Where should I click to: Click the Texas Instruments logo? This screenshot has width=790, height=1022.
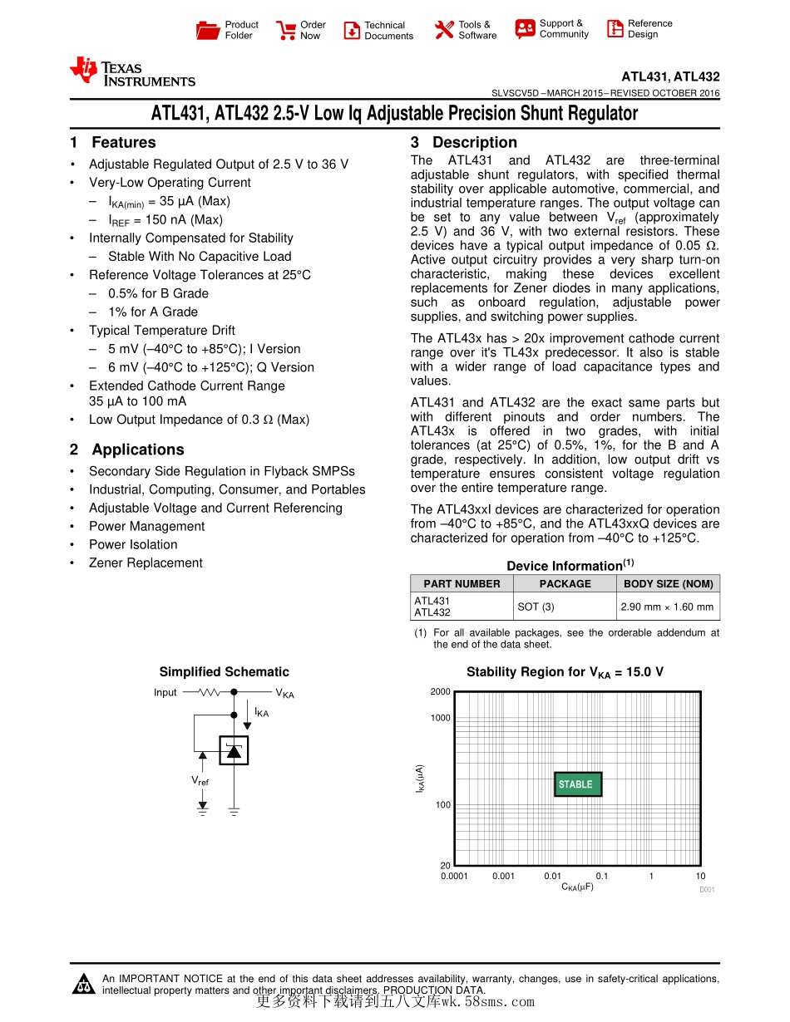(x=133, y=72)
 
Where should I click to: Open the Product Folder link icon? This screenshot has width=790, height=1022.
(x=208, y=31)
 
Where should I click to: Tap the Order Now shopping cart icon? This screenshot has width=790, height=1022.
(x=287, y=31)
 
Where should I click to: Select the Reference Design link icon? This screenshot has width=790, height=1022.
(x=615, y=29)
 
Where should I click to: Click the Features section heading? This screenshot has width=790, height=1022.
(x=113, y=143)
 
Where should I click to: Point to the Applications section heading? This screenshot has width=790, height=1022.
(x=127, y=450)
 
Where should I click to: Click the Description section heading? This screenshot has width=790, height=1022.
(x=464, y=143)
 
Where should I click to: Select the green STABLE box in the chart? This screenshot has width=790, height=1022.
(x=578, y=784)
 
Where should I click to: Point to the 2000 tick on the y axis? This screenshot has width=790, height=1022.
(x=440, y=692)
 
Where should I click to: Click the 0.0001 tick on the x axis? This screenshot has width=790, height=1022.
(x=455, y=877)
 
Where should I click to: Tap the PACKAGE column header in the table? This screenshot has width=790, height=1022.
(x=565, y=584)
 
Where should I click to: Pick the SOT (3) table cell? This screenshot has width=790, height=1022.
(x=536, y=607)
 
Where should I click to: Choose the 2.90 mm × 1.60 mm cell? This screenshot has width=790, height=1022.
(x=667, y=607)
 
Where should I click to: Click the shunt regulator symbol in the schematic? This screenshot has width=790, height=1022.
(x=234, y=750)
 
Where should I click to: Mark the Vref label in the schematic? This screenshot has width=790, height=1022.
(x=200, y=781)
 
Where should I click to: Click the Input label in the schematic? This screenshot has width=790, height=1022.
(x=165, y=693)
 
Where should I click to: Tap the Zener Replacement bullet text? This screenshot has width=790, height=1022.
(x=146, y=563)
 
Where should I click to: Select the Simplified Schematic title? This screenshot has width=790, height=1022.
(x=224, y=672)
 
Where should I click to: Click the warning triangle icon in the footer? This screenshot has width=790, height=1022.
(x=84, y=985)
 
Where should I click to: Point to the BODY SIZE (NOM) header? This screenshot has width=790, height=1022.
(x=668, y=584)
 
